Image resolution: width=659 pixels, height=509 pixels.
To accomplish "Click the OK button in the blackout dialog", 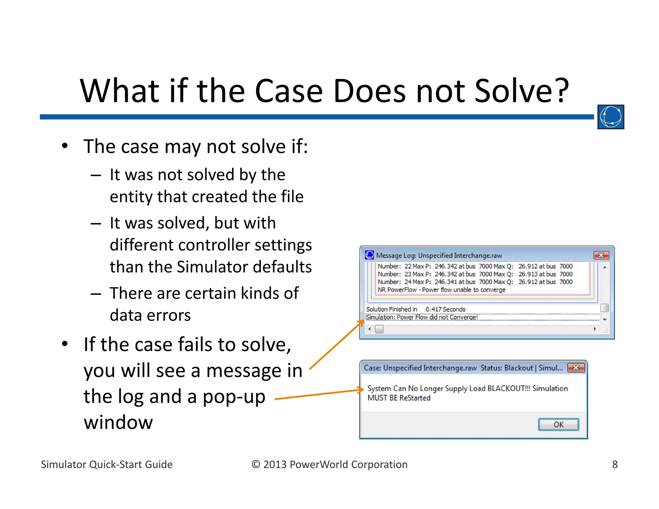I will (x=558, y=424).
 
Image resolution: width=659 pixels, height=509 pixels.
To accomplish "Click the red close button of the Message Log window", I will (x=601, y=255).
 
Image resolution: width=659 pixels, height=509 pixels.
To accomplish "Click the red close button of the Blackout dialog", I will (x=576, y=367).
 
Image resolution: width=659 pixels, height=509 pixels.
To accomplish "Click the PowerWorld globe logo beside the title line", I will (x=610, y=117).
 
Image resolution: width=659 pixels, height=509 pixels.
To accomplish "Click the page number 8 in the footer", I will (x=615, y=464).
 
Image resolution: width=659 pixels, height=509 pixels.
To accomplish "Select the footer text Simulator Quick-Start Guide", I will (x=107, y=464).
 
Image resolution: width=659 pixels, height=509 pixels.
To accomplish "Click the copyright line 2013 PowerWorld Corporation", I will (x=329, y=464).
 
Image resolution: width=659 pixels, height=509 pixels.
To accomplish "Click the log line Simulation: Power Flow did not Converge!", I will (x=422, y=317).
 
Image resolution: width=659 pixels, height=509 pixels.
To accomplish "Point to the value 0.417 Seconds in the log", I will (x=445, y=309).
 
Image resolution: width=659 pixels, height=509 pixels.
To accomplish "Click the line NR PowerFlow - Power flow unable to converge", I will (x=441, y=290).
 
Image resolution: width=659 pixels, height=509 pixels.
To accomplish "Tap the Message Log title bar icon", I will (x=369, y=255).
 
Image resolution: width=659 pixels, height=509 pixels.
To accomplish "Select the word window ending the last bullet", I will (x=118, y=422).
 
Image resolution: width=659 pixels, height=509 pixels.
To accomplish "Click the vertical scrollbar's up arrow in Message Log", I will (x=605, y=267).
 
